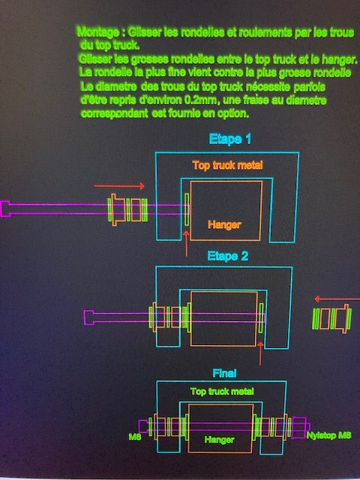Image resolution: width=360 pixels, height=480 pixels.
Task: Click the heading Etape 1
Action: tap(230, 139)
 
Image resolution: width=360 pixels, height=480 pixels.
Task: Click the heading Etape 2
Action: tap(227, 256)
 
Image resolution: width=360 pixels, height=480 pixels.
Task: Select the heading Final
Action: tap(224, 373)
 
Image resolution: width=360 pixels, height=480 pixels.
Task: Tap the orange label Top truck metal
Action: tap(227, 165)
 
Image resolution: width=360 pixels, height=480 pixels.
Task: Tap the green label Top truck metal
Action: tap(222, 391)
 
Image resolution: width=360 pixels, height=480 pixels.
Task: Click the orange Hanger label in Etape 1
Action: tap(224, 225)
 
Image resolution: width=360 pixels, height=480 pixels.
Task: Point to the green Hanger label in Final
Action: tap(219, 440)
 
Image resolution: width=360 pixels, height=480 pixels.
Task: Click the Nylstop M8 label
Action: tap(328, 435)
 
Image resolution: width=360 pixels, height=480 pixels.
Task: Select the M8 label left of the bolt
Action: tap(135, 436)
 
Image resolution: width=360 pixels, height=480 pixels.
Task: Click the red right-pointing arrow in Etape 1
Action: tap(119, 186)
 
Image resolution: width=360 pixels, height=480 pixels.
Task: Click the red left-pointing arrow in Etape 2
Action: tap(337, 298)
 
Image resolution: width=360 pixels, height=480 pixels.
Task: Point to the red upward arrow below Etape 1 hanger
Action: tap(186, 244)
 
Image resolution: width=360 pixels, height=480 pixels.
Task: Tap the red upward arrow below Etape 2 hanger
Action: tap(260, 353)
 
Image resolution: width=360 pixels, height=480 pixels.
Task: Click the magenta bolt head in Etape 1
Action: tap(5, 209)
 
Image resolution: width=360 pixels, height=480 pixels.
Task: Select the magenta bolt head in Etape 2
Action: tap(89, 317)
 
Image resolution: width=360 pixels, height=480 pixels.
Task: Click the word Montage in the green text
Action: tap(98, 31)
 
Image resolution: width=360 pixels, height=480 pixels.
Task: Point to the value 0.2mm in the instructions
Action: tap(200, 100)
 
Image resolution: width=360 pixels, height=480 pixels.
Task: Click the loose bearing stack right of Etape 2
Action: tap(331, 319)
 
